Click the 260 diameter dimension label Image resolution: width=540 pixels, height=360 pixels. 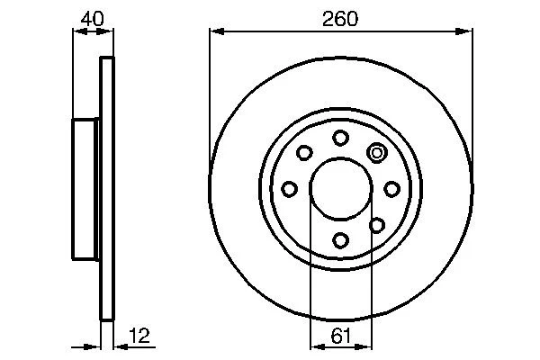340,17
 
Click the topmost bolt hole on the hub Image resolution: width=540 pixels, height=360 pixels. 340,138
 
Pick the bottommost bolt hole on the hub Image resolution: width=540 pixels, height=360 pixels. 340,239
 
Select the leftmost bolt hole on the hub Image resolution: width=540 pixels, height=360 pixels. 290,189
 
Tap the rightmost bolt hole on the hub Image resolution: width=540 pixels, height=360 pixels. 391,189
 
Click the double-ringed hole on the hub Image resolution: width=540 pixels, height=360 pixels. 377,152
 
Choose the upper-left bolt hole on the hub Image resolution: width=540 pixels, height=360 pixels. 304,152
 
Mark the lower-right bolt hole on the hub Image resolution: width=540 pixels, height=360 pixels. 377,224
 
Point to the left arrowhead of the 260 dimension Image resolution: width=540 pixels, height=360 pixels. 214,31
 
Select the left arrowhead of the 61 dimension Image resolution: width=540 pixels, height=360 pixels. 315,346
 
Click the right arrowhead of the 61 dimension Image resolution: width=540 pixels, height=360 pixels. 365,346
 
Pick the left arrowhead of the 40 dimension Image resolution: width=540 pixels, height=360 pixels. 76,31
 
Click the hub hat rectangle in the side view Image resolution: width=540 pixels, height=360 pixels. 86,189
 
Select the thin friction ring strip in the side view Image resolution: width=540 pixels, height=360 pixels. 107,189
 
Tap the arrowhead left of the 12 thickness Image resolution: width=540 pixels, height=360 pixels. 94,346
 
